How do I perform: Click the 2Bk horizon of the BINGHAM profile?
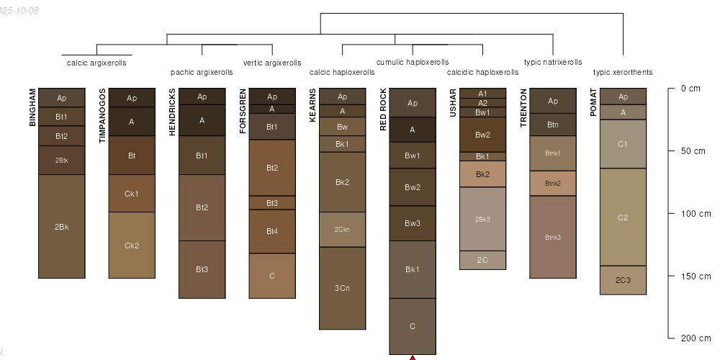(61, 227)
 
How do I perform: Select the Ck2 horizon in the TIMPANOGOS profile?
(132, 246)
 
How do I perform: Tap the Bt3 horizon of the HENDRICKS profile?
(202, 269)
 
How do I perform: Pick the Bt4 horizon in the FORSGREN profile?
(272, 231)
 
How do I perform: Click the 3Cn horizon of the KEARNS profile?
(342, 288)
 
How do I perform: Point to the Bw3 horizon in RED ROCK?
(413, 223)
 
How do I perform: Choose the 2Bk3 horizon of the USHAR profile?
(482, 219)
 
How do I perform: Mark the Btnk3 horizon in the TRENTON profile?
(553, 237)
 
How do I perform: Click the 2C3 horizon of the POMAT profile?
(623, 280)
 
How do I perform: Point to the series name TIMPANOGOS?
(102, 115)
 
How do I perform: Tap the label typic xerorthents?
(623, 72)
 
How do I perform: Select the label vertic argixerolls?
(272, 63)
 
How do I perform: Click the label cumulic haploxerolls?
(413, 63)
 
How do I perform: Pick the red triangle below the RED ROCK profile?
(413, 357)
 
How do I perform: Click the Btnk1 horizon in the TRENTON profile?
(553, 153)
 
